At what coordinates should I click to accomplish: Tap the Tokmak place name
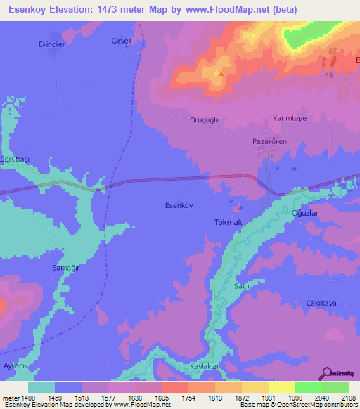pos(227,222)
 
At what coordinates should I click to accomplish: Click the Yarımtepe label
pos(291,119)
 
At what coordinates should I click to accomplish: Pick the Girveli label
pos(122,41)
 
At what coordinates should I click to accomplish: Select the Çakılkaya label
pos(323,302)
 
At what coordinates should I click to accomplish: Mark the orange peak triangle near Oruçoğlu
pos(221,73)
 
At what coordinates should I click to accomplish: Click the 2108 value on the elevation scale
pos(347,398)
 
